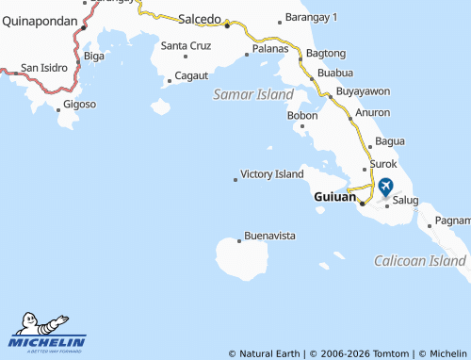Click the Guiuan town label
(333, 198)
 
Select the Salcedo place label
(200, 18)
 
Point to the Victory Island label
(271, 174)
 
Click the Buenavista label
(270, 234)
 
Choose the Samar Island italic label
(253, 94)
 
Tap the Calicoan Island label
(420, 260)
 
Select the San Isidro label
(43, 68)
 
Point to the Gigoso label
(80, 104)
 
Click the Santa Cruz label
(186, 45)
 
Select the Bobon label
(302, 116)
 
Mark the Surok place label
(383, 163)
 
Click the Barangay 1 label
(314, 18)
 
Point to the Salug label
(405, 200)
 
